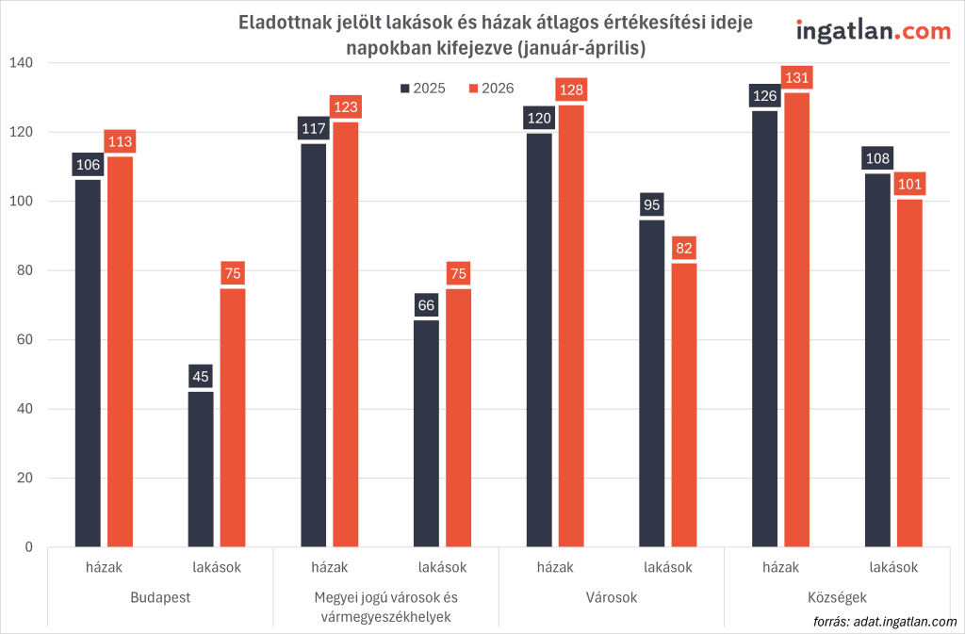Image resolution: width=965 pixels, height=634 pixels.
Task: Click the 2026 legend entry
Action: (491, 88)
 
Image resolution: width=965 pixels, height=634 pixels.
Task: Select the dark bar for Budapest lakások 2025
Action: (201, 468)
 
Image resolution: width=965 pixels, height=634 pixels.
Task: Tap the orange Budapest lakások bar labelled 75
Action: (233, 416)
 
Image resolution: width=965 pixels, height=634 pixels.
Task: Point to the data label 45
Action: (201, 377)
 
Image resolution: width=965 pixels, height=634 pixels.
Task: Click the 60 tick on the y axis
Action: (25, 340)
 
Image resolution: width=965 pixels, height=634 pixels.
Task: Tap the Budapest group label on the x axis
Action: (160, 598)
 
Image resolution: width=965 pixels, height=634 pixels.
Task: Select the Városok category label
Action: (611, 598)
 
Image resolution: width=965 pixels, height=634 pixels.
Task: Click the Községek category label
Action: (837, 598)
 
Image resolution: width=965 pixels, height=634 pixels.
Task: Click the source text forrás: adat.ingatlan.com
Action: (884, 621)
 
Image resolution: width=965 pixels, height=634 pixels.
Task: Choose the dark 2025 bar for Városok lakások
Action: (651, 382)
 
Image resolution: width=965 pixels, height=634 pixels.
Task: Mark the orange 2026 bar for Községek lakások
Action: (908, 372)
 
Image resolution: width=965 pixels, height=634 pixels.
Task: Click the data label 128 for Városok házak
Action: (570, 90)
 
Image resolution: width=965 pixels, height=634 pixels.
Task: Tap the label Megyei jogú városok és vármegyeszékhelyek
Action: (385, 607)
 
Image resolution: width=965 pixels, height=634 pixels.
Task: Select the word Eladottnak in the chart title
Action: (281, 24)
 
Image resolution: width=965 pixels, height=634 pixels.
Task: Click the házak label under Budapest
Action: (104, 567)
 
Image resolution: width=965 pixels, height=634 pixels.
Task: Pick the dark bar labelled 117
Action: (313, 344)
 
